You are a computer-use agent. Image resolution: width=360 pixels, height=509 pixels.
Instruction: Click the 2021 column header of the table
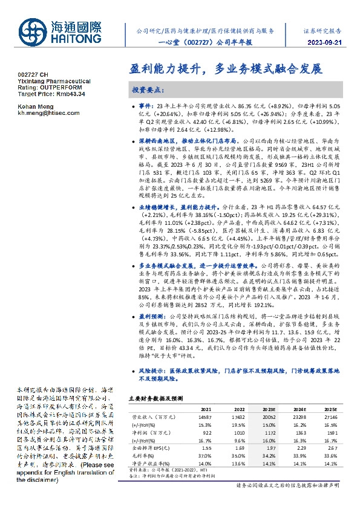[206, 408]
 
